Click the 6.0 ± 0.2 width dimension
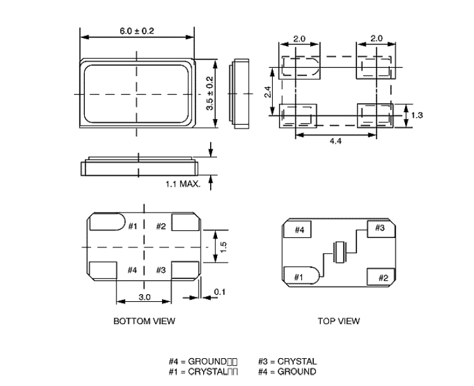pos(137,31)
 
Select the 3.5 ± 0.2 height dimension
pos(209,93)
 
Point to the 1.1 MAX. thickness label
pos(183,185)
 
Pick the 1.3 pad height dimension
pos(416,115)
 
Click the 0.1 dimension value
pos(218,292)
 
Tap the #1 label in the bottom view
pos(133,227)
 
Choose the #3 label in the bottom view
pos(161,270)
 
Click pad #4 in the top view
pos(299,230)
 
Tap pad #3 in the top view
pos(380,228)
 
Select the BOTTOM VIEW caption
pos(144,321)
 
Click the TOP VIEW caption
pos(339,321)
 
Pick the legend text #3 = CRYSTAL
pos(287,362)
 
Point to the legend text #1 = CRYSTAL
pos(203,371)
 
